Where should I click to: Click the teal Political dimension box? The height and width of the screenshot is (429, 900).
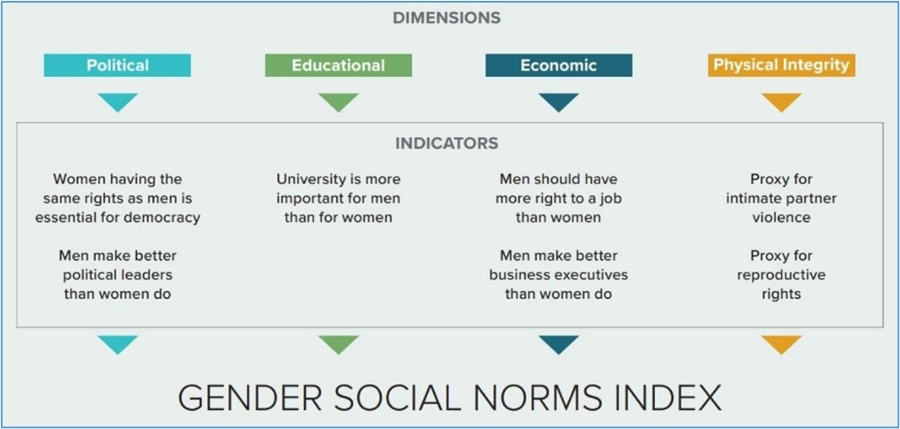[x=117, y=65]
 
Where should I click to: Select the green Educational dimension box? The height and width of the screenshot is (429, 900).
[x=338, y=65]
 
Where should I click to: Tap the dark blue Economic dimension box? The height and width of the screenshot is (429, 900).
[x=558, y=65]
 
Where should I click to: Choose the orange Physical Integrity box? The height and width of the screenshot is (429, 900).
[x=781, y=65]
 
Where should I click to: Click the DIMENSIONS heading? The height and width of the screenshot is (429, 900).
[x=446, y=19]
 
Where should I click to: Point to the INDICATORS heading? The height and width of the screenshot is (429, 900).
[x=446, y=143]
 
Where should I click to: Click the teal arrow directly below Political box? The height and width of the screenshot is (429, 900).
[x=118, y=102]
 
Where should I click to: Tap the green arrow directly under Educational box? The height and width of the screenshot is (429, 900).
[x=338, y=102]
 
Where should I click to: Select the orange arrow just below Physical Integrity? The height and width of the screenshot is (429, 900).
[x=781, y=102]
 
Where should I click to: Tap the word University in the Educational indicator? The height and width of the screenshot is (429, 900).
[x=305, y=180]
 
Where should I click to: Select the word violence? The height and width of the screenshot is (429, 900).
[x=781, y=217]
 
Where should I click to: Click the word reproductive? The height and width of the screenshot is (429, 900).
[x=781, y=275]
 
